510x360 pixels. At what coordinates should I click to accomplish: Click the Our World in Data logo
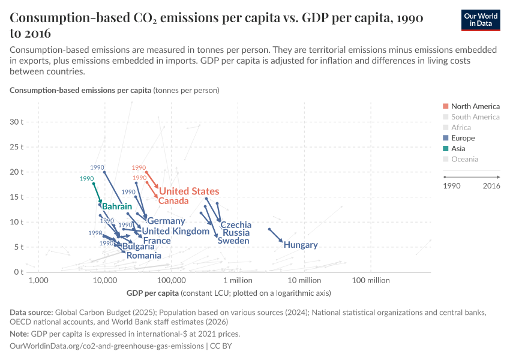click(x=480, y=20)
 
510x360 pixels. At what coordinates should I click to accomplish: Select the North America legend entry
click(x=475, y=106)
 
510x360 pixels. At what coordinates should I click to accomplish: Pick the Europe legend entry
click(x=463, y=138)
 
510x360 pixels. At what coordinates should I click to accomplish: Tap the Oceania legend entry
click(x=464, y=159)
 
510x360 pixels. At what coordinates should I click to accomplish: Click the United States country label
click(x=189, y=191)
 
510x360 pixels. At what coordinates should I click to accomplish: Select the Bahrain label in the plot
click(x=116, y=206)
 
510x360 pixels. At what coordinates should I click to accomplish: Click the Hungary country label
click(x=301, y=245)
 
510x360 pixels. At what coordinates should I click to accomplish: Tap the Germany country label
click(x=166, y=221)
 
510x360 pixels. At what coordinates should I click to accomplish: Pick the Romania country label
click(x=144, y=256)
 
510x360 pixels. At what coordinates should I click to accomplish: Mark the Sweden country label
click(x=233, y=241)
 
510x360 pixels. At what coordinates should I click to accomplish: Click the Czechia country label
click(x=236, y=225)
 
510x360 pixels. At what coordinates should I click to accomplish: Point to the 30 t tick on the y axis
click(x=16, y=121)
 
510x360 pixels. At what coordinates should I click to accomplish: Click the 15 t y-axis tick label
click(x=16, y=197)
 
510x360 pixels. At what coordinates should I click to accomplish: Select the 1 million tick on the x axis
click(x=238, y=280)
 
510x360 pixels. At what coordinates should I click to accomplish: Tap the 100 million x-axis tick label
click(x=371, y=280)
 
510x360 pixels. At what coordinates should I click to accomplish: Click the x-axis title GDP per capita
click(x=152, y=293)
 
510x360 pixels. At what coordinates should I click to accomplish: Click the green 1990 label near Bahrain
click(x=86, y=179)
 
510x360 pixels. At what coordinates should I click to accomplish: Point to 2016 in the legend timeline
click(x=491, y=186)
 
